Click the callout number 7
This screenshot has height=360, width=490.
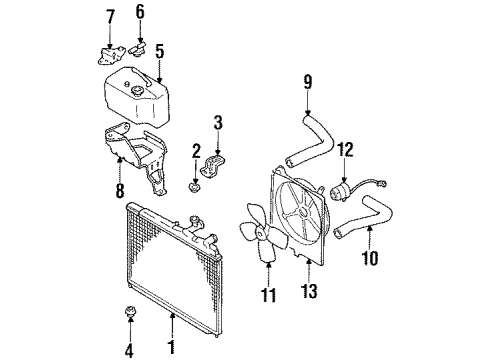point(110,18)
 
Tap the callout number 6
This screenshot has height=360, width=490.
point(140,12)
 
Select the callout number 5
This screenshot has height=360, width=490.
point(160,52)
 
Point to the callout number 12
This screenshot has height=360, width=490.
point(345,150)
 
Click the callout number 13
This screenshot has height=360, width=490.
point(310,291)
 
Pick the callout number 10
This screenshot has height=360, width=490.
point(370,258)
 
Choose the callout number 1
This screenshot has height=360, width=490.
point(172,347)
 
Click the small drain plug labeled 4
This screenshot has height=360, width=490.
point(129,312)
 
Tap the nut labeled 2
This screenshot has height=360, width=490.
point(194,187)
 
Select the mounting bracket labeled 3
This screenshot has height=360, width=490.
point(212,165)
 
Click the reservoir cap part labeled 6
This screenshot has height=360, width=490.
point(137,50)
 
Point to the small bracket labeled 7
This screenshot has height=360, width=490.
point(109,55)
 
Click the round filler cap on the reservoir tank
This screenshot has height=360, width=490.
point(137,90)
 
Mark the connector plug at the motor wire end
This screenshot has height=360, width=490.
point(383,183)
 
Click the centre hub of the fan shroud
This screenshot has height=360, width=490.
point(303,212)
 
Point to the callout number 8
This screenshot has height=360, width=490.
point(120,191)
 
